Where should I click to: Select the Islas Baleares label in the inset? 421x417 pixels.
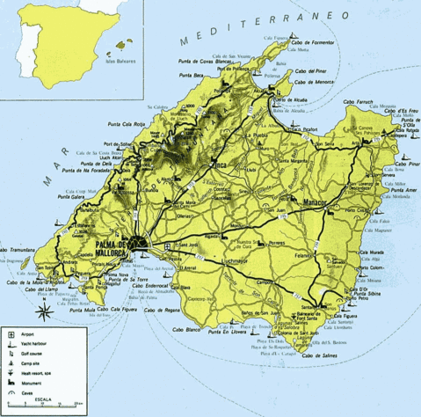coord(122,62)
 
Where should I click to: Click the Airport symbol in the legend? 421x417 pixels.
coord(9,333)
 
